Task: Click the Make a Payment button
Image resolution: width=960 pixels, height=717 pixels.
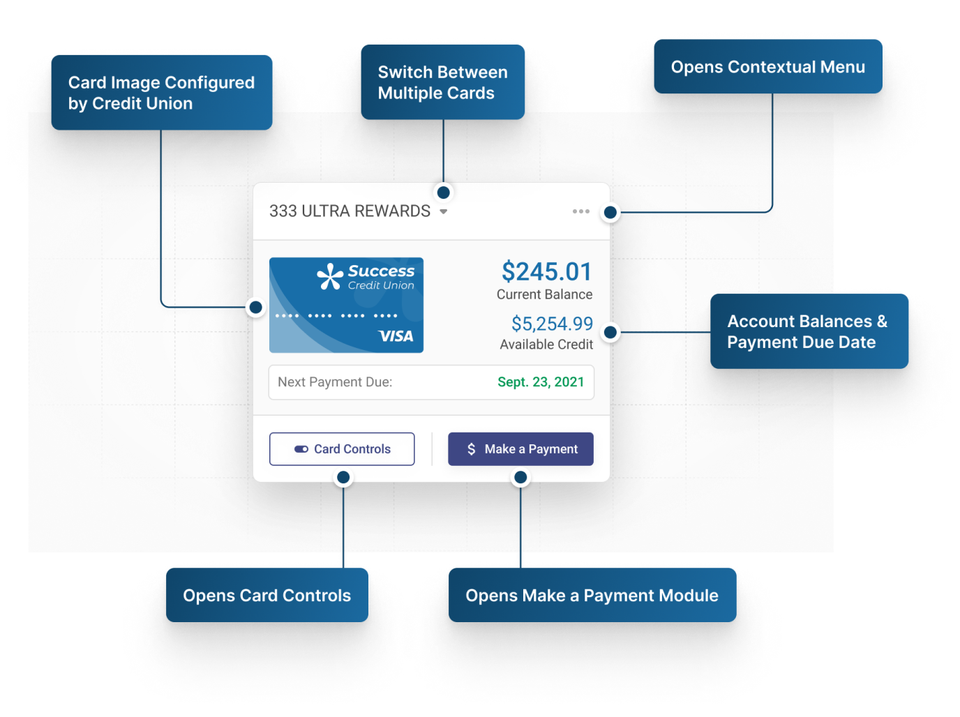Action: click(x=520, y=448)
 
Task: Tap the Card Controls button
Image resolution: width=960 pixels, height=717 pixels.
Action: click(x=342, y=448)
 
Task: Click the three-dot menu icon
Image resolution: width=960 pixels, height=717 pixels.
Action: click(x=580, y=211)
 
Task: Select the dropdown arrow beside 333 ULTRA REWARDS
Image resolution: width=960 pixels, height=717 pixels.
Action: click(x=443, y=211)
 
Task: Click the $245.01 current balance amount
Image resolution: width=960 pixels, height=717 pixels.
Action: click(x=547, y=271)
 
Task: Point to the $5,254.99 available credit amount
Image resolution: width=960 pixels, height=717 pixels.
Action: click(x=552, y=324)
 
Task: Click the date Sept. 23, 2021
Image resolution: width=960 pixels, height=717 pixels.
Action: click(x=541, y=382)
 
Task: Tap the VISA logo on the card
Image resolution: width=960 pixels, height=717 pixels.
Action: click(x=396, y=335)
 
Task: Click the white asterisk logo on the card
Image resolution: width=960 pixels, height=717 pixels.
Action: click(x=330, y=276)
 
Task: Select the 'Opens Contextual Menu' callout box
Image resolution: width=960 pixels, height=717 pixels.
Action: click(x=767, y=66)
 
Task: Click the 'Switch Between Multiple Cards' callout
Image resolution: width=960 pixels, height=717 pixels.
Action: click(x=442, y=82)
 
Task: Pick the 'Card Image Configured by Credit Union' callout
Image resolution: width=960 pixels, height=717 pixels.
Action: click(x=161, y=92)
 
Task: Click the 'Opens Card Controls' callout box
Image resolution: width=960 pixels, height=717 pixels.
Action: click(x=267, y=594)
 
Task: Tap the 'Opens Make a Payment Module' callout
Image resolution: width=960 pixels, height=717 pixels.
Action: click(x=592, y=594)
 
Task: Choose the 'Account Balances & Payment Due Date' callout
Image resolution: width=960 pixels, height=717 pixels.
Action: click(x=809, y=331)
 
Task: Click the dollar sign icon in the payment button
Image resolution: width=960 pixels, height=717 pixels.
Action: click(x=471, y=448)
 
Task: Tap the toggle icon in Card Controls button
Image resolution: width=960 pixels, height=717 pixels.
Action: click(x=301, y=449)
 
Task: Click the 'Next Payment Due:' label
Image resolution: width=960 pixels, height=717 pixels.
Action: click(x=335, y=382)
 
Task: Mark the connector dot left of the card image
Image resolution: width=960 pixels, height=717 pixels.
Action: click(x=256, y=307)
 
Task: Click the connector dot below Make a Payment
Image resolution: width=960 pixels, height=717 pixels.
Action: click(x=520, y=477)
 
